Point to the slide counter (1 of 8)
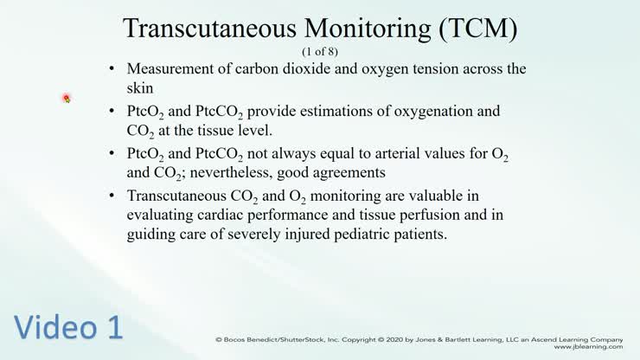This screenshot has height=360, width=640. click(x=320, y=51)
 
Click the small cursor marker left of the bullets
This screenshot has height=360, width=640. click(x=67, y=99)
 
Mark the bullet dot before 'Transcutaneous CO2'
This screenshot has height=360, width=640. click(x=112, y=195)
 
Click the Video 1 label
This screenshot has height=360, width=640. click(x=67, y=327)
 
